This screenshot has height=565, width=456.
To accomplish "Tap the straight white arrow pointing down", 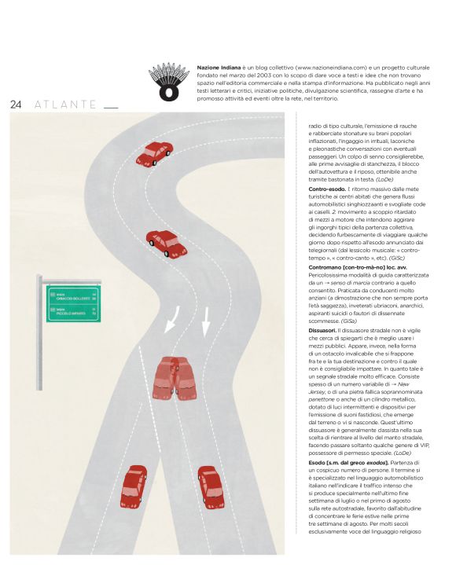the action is point(205,319).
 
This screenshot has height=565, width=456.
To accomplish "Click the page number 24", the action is point(17,105).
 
